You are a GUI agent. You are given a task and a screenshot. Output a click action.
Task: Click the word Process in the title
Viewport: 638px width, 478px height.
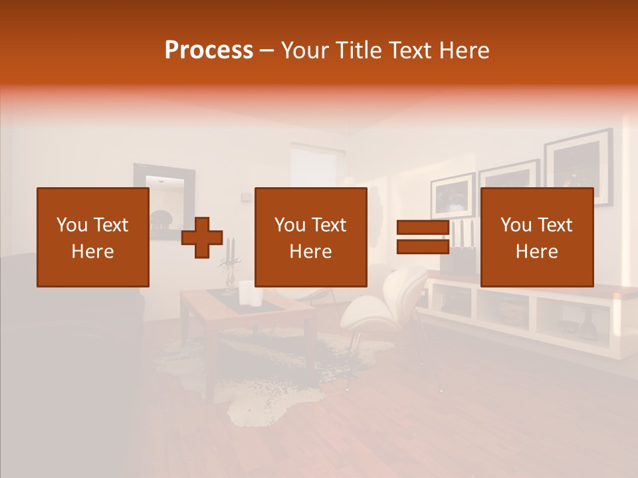209,50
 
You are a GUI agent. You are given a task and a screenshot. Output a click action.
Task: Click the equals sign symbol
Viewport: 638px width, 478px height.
422,237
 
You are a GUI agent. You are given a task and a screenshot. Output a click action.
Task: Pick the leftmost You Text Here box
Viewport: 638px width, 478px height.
92,237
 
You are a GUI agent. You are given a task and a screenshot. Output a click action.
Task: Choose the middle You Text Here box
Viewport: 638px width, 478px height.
310,237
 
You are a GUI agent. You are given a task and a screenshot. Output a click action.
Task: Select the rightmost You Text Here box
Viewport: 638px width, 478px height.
536,237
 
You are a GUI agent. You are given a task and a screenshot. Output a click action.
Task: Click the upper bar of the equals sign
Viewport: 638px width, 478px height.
422,228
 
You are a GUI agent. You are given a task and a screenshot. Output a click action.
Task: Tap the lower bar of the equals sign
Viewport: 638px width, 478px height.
422,246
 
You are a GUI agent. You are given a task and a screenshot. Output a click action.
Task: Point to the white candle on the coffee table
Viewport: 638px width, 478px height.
245,292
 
